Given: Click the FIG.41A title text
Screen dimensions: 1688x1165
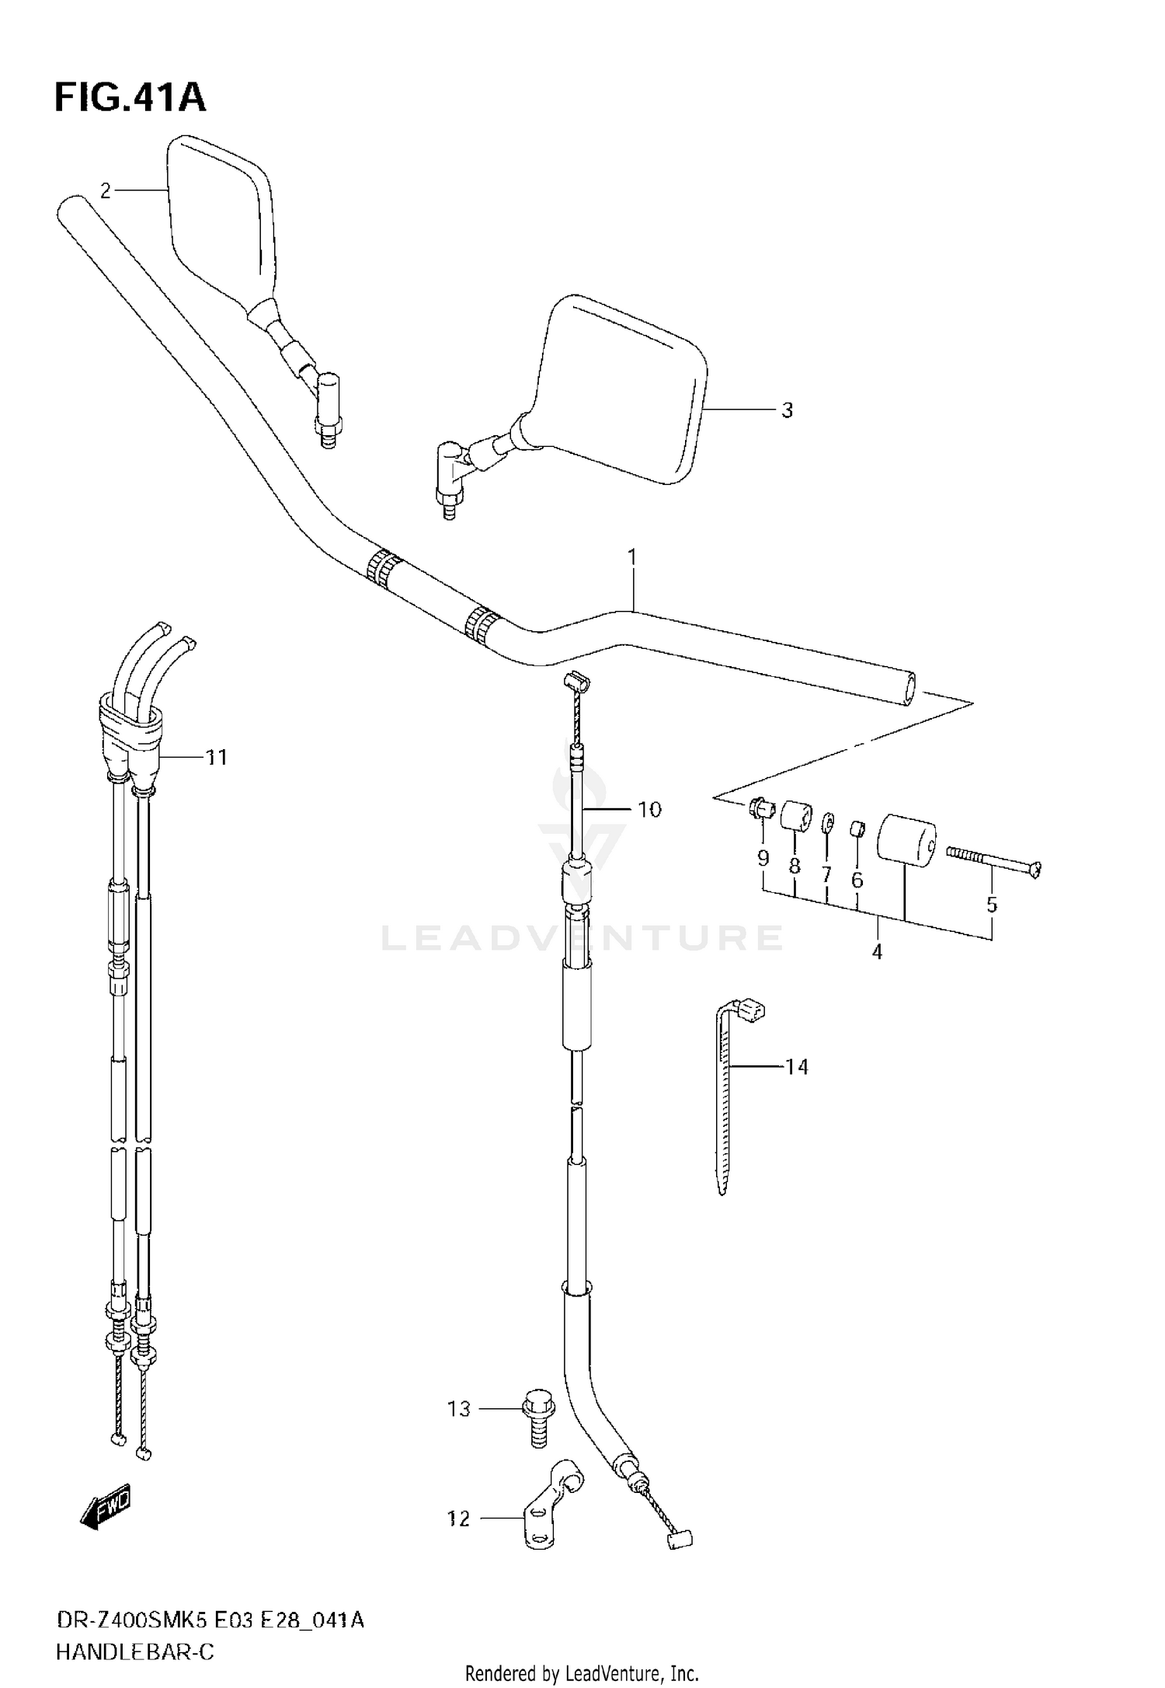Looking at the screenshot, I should [x=130, y=99].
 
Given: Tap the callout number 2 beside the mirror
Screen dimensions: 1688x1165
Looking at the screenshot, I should [x=106, y=190].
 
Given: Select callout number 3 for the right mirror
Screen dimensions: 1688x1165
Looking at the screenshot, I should [x=786, y=410].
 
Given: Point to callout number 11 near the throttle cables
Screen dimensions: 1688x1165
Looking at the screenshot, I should [x=216, y=757].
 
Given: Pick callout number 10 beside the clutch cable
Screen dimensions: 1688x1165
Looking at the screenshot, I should [x=649, y=810].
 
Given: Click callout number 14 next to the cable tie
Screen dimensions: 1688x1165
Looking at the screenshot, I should [x=797, y=1067].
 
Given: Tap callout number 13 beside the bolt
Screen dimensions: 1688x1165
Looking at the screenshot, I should [x=459, y=1409].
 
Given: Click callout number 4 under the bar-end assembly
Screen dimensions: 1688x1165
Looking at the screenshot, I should [x=877, y=951].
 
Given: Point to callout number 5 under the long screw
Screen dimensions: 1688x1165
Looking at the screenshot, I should [x=991, y=905].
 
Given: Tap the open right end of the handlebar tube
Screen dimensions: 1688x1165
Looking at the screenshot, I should [x=907, y=689].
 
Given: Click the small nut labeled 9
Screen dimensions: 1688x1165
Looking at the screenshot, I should [x=760, y=811].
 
